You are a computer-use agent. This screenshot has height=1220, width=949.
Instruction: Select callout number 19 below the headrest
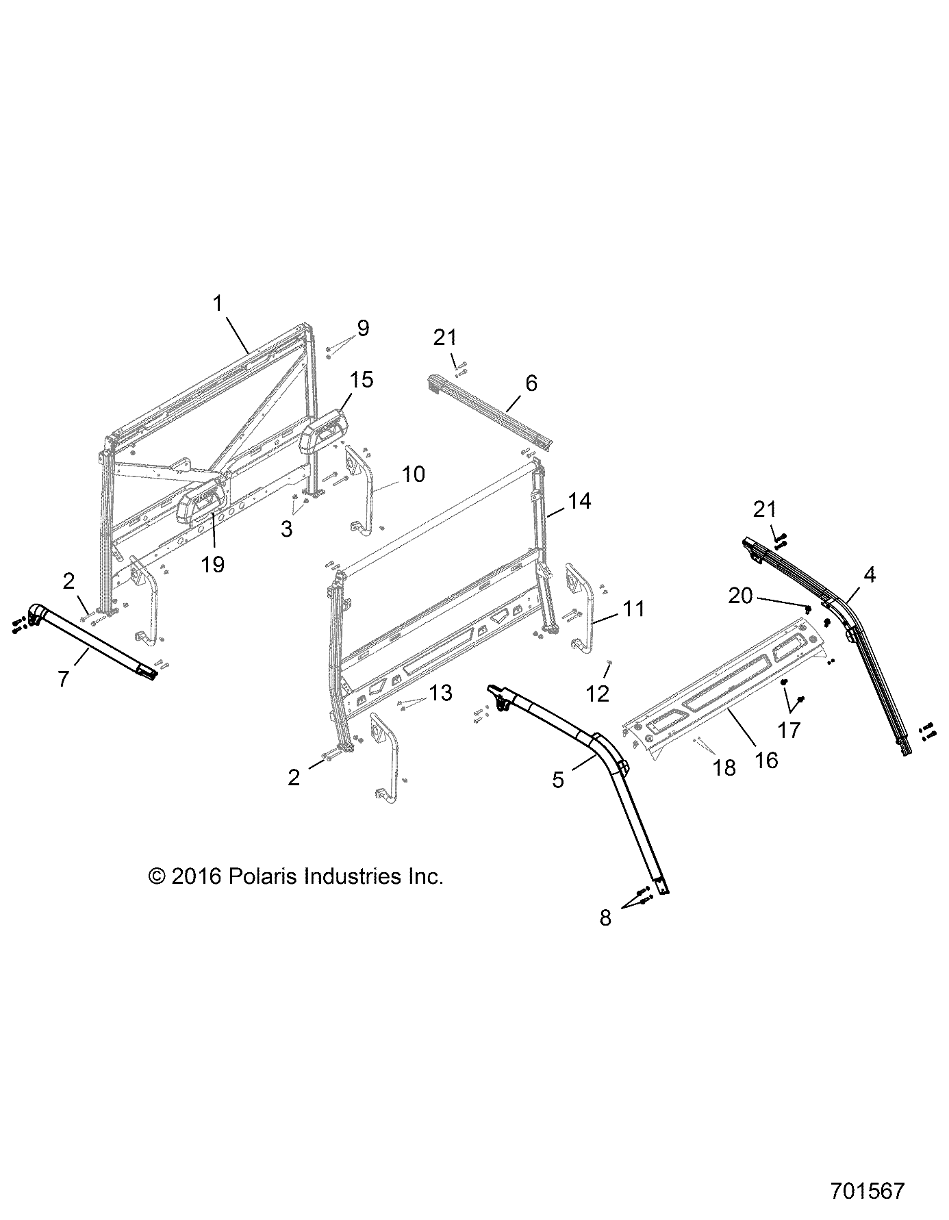pyautogui.click(x=213, y=564)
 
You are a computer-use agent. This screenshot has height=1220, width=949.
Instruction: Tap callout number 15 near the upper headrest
pyautogui.click(x=362, y=380)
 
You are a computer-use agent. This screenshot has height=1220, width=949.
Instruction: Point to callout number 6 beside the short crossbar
pyautogui.click(x=531, y=383)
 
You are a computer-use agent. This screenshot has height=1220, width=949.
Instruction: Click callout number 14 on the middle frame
pyautogui.click(x=579, y=502)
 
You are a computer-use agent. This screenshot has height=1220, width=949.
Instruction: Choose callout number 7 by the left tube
pyautogui.click(x=64, y=680)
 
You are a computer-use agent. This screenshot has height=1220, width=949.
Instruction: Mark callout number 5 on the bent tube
pyautogui.click(x=558, y=779)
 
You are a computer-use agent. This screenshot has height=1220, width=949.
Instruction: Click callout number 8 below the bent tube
pyautogui.click(x=605, y=918)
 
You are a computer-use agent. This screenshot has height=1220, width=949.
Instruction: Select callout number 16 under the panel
pyautogui.click(x=767, y=760)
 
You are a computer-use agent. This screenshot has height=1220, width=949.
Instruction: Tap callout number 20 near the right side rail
pyautogui.click(x=740, y=596)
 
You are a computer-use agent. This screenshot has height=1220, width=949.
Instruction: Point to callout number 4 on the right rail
pyautogui.click(x=869, y=574)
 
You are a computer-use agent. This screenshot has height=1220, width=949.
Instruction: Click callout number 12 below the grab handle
pyautogui.click(x=597, y=694)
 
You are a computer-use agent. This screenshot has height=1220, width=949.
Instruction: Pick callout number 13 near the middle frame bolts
pyautogui.click(x=441, y=693)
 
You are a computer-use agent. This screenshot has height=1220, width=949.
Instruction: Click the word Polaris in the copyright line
pyautogui.click(x=262, y=876)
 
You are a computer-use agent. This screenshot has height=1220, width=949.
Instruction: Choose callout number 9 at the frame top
pyautogui.click(x=362, y=328)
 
